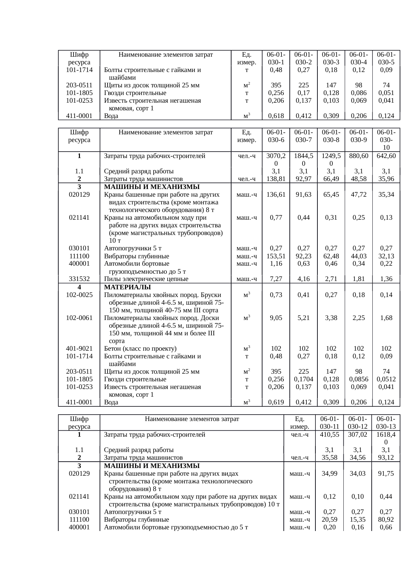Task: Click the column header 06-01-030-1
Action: point(276,58)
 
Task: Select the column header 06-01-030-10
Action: point(386,140)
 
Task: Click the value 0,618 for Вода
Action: point(276,116)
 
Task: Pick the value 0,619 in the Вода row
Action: point(276,402)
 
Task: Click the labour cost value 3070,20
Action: point(276,159)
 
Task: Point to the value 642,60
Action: point(386,156)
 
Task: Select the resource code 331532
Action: point(79,279)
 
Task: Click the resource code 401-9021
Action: point(79,349)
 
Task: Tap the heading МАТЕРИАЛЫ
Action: point(127,287)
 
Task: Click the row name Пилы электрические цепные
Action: point(146,279)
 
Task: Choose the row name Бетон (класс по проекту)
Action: point(140,349)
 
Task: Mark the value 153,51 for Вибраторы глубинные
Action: point(276,256)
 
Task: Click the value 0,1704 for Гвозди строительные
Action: point(303,379)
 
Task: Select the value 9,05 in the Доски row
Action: point(276,318)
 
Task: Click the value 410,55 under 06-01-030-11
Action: point(329,435)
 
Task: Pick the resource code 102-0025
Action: point(79,295)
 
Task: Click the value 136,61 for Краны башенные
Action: point(276,195)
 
